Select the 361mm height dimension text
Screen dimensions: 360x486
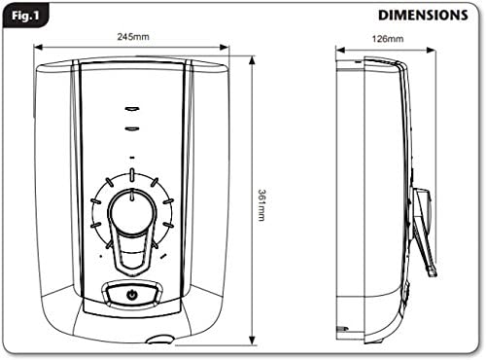click(260, 203)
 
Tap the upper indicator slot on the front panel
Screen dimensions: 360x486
click(131, 108)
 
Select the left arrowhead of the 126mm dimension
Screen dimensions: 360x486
click(339, 46)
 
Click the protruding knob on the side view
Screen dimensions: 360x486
click(420, 209)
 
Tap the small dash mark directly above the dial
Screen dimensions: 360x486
click(131, 157)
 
